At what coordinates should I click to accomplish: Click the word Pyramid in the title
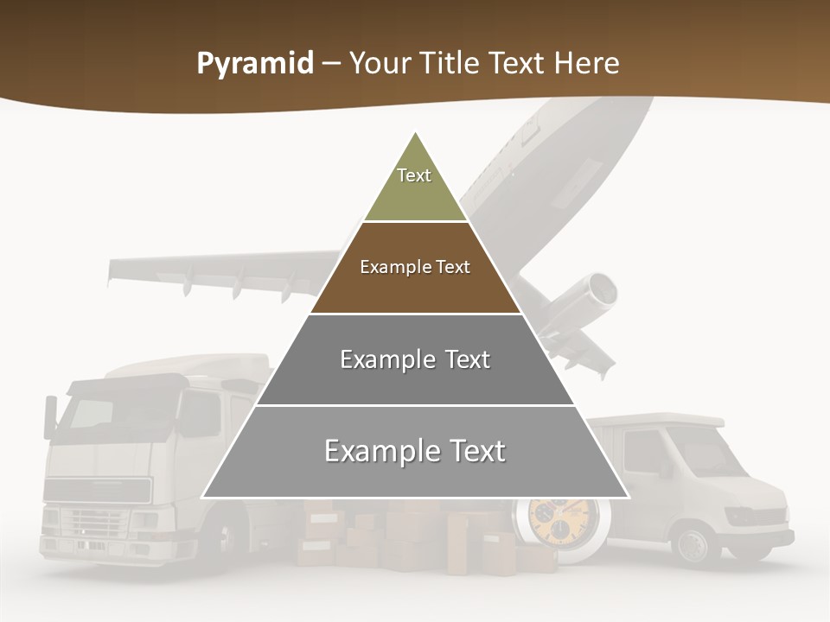254,64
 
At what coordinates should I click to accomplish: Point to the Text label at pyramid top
414,175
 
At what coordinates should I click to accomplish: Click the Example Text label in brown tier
415,267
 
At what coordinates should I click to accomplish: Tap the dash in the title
331,64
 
